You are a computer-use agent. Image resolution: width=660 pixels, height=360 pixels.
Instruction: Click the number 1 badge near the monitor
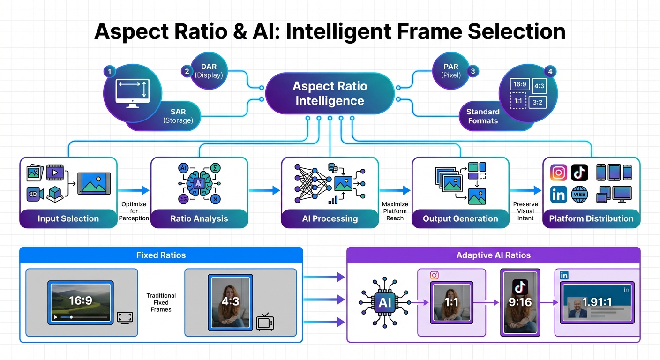109,72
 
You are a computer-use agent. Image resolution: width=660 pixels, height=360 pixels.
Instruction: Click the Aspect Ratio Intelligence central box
330,93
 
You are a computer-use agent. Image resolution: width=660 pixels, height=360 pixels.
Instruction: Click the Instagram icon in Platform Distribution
558,172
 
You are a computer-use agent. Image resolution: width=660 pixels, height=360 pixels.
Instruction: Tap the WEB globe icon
579,194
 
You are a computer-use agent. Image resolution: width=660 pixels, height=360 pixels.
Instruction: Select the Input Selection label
68,218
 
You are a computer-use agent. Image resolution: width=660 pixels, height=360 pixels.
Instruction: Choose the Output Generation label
460,218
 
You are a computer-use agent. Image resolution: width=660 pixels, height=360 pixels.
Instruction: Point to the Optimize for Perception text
134,211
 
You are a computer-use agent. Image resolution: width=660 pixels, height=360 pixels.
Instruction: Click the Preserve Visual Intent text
525,211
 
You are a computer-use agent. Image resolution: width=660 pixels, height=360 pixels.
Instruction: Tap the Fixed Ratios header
161,255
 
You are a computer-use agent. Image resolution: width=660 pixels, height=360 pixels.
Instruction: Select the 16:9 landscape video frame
81,302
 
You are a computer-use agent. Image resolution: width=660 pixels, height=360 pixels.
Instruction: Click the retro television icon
265,322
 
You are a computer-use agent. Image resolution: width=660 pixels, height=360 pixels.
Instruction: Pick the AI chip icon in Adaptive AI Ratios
384,302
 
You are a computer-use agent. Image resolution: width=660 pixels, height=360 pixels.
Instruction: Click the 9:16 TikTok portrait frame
520,302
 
